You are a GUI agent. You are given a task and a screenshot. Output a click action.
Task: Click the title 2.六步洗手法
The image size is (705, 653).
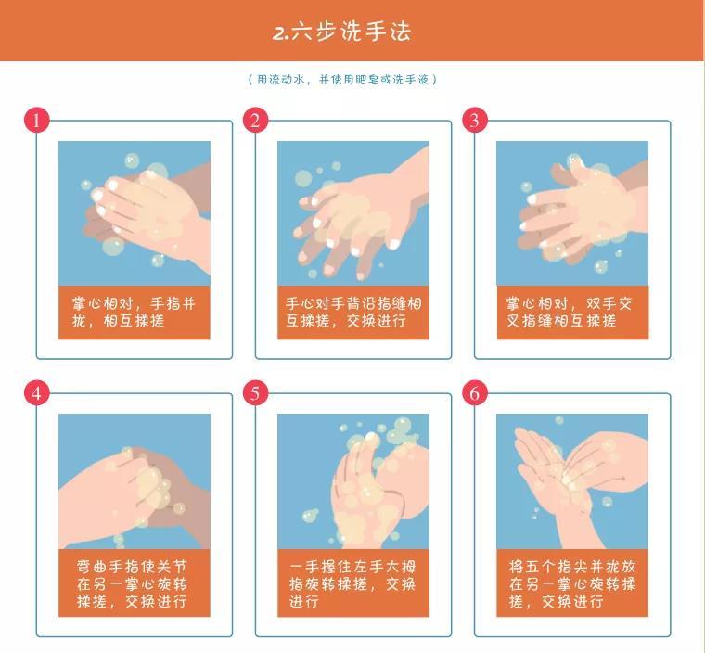coord(341,32)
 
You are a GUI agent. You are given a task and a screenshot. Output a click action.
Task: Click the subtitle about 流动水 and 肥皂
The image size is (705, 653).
coord(342,80)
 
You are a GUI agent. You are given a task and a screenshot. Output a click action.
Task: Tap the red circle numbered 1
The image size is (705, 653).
coord(36,120)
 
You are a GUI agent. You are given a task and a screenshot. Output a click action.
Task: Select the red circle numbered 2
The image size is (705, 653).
coord(255,120)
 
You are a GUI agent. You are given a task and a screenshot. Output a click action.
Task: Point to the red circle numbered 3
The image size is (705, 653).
coord(475,120)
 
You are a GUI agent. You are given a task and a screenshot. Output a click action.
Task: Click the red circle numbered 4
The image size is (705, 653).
coord(36,393)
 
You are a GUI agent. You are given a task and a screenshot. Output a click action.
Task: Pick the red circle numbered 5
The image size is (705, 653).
coord(255,393)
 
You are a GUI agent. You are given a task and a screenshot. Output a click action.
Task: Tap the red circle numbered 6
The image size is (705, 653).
coord(475,393)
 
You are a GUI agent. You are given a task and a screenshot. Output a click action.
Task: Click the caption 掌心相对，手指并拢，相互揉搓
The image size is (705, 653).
coord(134,312)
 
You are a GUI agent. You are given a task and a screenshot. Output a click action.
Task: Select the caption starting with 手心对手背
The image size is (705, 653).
coord(353,312)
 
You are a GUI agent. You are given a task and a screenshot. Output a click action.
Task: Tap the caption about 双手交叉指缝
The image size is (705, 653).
coord(570,312)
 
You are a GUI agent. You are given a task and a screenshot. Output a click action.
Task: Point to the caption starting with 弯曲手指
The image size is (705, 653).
coord(132,583)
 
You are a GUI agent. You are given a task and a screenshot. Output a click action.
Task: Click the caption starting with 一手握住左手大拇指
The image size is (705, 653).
coord(352,583)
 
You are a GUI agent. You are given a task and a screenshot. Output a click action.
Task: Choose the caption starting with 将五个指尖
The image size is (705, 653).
coord(572,583)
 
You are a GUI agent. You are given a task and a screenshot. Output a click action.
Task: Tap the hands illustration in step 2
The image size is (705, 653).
coord(353,213)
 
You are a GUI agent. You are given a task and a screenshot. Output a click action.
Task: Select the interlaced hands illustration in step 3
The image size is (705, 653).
coord(572,213)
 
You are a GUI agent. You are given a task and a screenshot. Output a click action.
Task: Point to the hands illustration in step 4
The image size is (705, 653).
coord(135,481)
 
